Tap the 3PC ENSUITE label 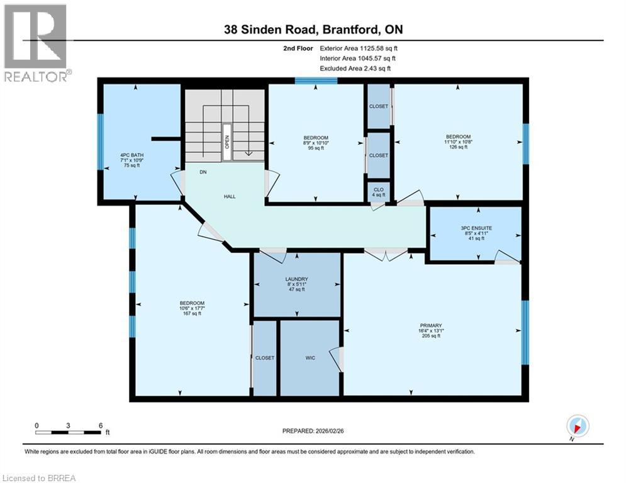pos(475,233)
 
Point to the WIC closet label pos(310,357)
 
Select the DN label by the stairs pos(203,171)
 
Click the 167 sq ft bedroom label pos(192,308)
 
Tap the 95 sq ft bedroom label pos(316,143)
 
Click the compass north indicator pos(577,426)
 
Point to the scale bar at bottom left pos(68,431)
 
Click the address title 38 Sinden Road pos(313,30)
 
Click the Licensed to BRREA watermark pos(39,477)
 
